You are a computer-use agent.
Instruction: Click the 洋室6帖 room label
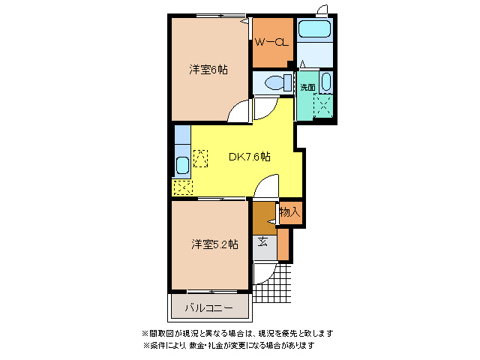tap(208, 70)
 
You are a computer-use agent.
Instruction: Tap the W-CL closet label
tap(271, 43)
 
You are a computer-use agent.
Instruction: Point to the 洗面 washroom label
tap(307, 87)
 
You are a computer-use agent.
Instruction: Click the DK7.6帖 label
tap(249, 157)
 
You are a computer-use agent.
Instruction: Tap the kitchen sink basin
tap(182, 165)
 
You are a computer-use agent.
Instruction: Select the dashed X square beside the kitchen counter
tap(200, 158)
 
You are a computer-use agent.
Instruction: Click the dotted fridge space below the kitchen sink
tap(182, 187)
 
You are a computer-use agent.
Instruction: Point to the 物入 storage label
tap(289, 212)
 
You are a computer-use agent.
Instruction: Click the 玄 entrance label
tap(264, 241)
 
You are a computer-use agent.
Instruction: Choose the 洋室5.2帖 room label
tap(214, 244)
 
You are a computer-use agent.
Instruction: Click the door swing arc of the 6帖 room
tap(238, 112)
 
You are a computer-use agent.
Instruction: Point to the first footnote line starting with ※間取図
tap(237, 333)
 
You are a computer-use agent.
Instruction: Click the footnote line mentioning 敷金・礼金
tap(228, 346)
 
